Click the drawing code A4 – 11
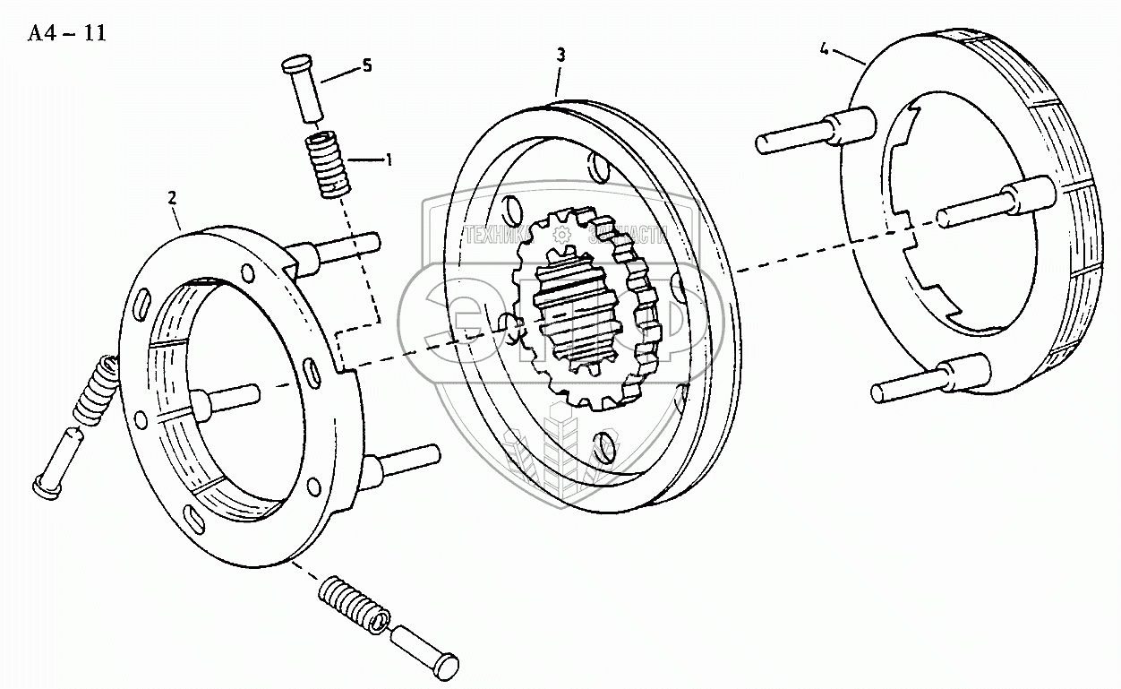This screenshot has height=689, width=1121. (x=66, y=34)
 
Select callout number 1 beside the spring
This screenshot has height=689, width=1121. (x=389, y=160)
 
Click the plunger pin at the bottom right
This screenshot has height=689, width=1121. (x=425, y=650)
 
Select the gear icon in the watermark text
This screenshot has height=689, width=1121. (x=561, y=236)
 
